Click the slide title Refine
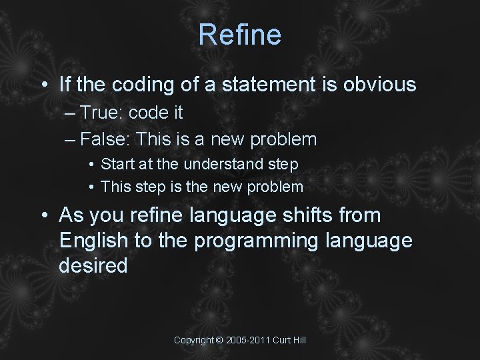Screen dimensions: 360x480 tap(240, 35)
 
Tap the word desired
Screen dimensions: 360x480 tap(93, 266)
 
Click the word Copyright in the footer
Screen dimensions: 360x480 tap(194, 340)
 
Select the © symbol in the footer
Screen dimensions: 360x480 tap(220, 340)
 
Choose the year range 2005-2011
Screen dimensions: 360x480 tap(248, 340)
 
